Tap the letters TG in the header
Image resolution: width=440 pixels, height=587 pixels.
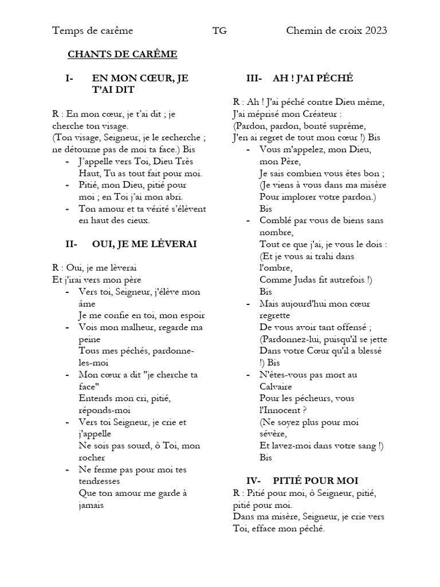point(219,30)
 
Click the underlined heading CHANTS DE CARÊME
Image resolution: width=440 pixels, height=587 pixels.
point(122,54)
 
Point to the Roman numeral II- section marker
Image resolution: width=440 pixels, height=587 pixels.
point(72,244)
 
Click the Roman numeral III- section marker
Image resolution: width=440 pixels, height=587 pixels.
point(254,78)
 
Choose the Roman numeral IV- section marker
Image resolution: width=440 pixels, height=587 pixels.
point(253,480)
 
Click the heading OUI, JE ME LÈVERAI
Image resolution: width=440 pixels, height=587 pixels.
point(144,244)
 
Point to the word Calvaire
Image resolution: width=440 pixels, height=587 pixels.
point(277,386)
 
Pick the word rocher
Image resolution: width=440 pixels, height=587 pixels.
point(92,458)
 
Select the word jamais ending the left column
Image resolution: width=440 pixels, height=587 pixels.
point(91,506)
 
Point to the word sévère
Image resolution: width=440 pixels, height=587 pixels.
point(274,434)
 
